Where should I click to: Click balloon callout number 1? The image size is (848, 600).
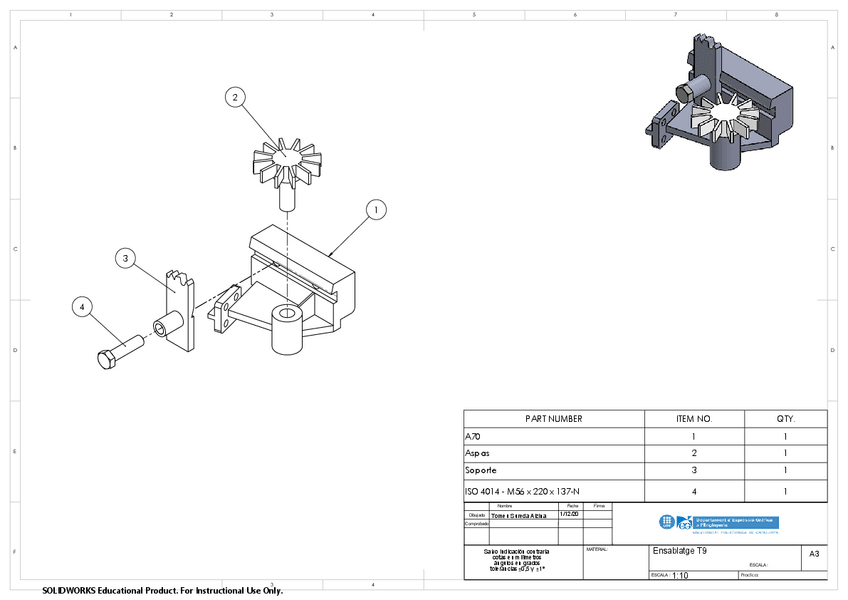coord(375,210)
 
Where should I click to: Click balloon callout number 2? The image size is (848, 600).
coord(234,97)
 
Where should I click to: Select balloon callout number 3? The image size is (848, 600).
coord(125,258)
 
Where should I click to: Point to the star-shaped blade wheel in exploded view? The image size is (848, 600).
coord(285,162)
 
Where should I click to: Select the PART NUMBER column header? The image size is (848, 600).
coord(553,419)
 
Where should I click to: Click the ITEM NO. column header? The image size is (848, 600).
coord(693,419)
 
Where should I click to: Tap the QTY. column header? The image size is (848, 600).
coord(786,419)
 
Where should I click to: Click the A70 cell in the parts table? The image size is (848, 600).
coord(474,437)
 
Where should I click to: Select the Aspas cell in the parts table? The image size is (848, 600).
coord(478,454)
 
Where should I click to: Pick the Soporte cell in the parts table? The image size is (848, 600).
coord(481,471)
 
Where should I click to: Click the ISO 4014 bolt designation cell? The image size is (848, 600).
coord(522,491)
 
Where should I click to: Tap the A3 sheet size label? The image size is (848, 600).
coord(813,553)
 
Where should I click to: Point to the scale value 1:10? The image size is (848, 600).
coord(681,576)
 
